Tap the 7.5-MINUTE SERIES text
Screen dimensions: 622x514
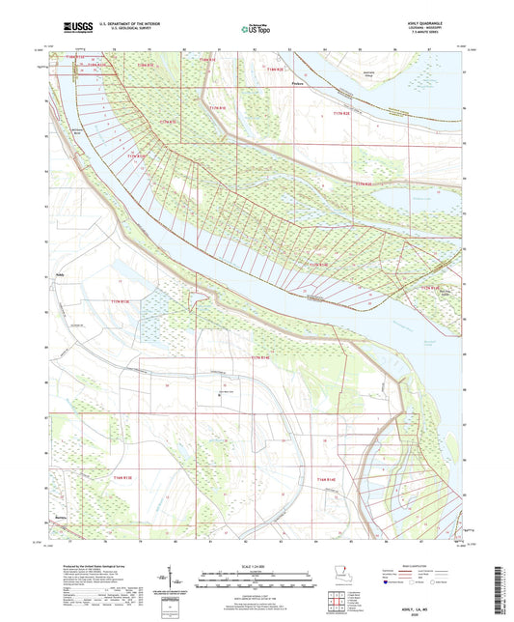coord(440,33)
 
